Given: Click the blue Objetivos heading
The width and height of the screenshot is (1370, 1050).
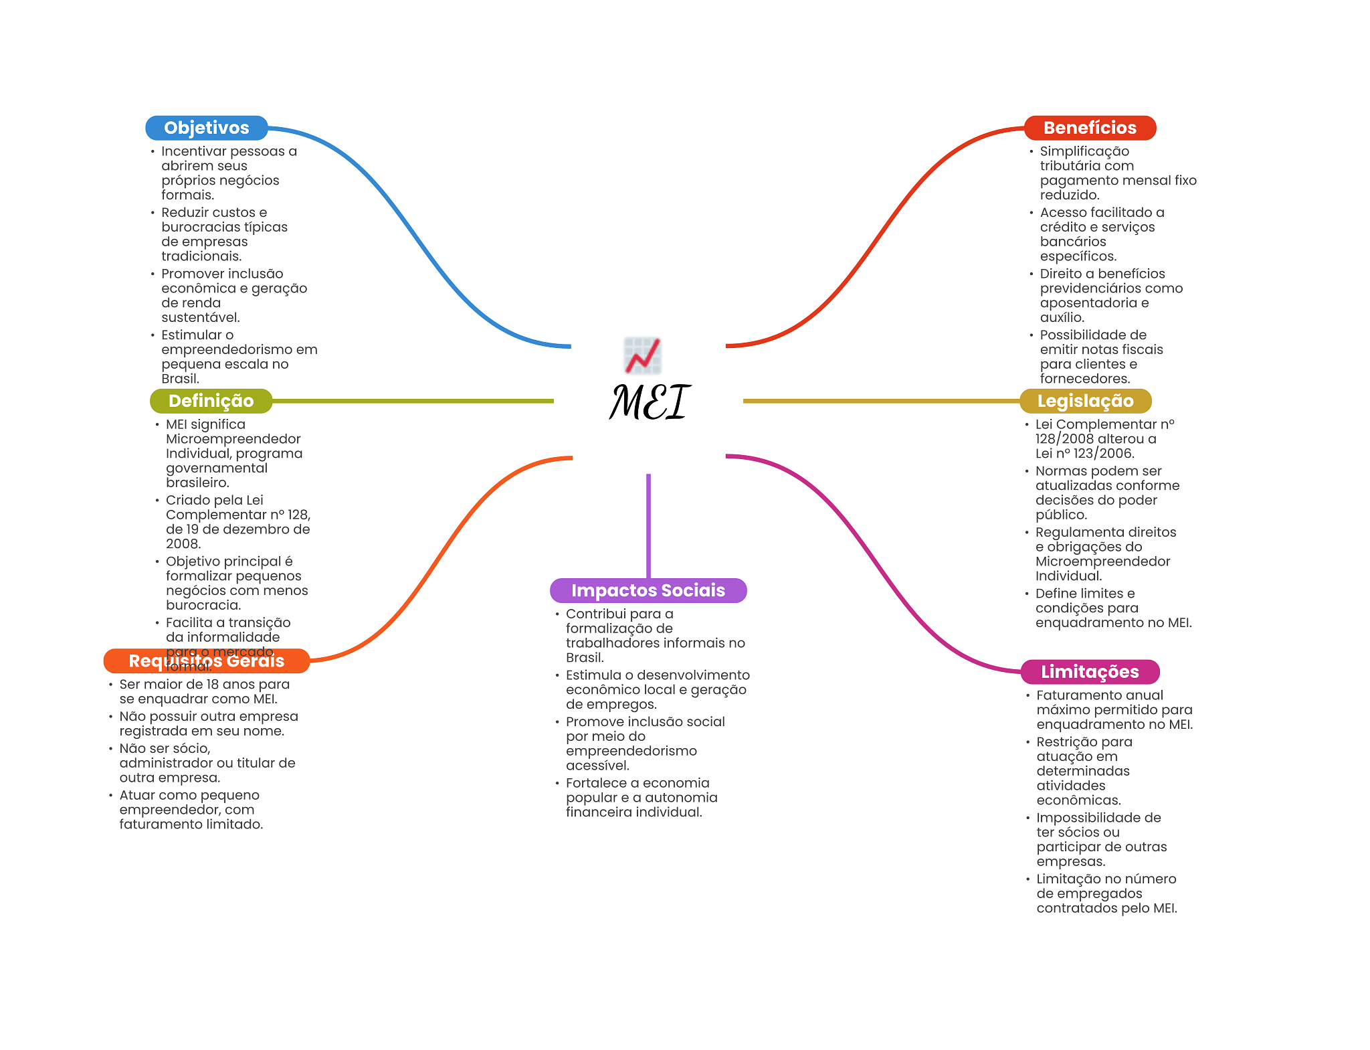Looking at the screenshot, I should tap(206, 128).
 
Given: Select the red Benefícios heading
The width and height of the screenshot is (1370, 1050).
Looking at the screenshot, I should tap(1089, 128).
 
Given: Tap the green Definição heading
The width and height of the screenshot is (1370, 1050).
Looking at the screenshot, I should tap(211, 401).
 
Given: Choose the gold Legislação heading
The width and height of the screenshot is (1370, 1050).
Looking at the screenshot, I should tap(1084, 401).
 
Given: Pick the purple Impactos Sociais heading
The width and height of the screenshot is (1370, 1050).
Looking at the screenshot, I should tap(648, 590).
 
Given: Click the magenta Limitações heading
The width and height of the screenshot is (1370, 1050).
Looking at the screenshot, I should tap(1089, 672).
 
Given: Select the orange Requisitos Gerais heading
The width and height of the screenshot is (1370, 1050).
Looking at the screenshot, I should tap(206, 661).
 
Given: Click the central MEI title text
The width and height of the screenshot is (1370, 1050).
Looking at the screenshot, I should tap(650, 402).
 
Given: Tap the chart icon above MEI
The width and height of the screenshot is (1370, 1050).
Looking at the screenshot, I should tap(642, 355).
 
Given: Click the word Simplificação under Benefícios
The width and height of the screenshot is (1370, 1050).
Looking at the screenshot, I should tap(1084, 151).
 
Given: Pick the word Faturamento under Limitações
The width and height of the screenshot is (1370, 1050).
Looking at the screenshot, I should tap(1080, 695).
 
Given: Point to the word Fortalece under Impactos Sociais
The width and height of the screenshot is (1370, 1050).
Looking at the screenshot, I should tap(597, 783).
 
